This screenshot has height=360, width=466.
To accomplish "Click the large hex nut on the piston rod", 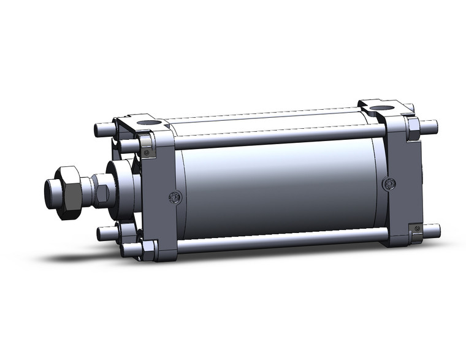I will (x=69, y=192).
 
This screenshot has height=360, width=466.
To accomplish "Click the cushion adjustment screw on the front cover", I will (x=174, y=197).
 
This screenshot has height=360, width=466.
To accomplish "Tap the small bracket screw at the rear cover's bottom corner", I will (x=417, y=229).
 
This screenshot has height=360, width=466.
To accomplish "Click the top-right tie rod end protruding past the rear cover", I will (x=430, y=127).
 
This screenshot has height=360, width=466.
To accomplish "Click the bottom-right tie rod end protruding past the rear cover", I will (x=432, y=231).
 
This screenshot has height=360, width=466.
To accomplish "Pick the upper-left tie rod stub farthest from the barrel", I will (x=102, y=130).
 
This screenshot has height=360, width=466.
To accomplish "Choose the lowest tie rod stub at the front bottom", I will (x=129, y=250).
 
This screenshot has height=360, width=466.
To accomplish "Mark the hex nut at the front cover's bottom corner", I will (x=148, y=248).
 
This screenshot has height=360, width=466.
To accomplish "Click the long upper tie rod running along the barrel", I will (x=276, y=137).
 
